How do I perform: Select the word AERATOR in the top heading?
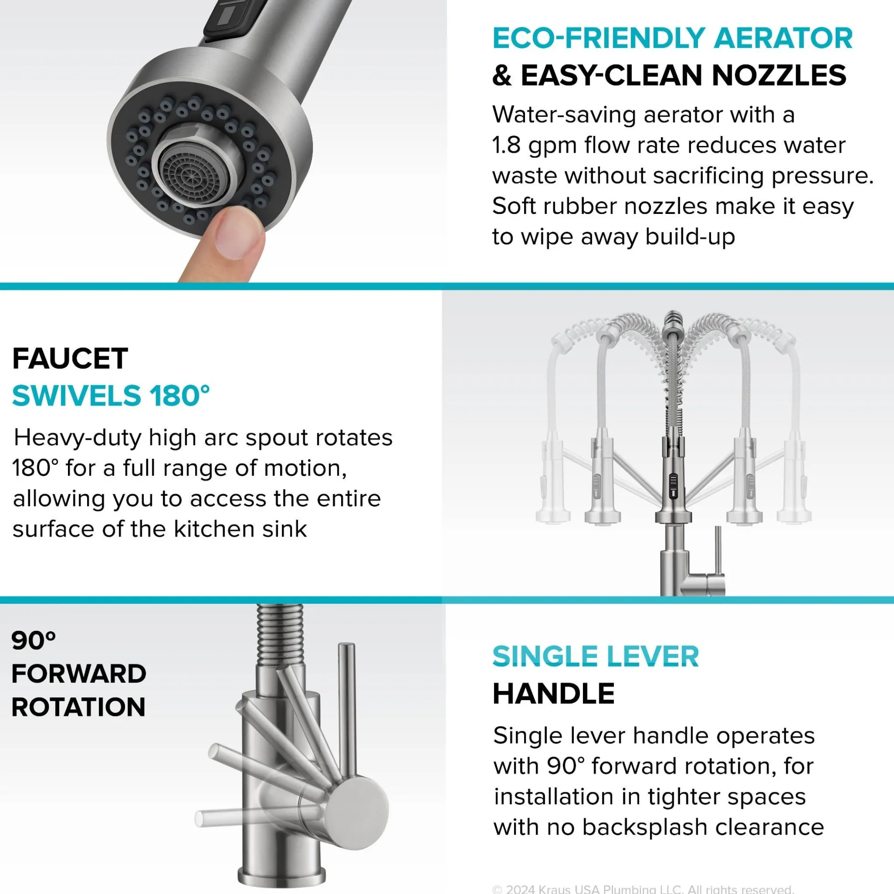point(783,38)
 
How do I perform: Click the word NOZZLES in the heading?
point(779,75)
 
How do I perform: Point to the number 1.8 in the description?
point(507,145)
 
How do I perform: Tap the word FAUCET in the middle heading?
point(70,358)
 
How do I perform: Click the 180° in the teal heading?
point(180,395)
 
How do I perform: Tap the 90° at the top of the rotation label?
point(33,640)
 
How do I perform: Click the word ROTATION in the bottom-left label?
point(78,707)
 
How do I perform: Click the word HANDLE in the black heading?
point(553,694)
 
